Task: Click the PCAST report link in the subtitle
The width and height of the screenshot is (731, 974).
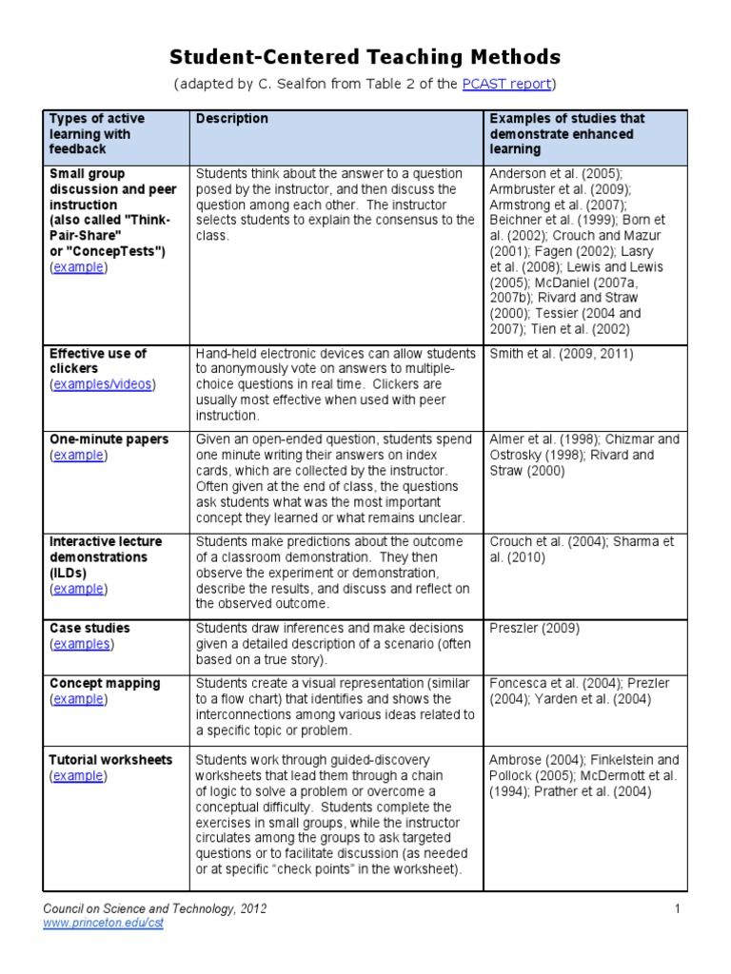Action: point(506,84)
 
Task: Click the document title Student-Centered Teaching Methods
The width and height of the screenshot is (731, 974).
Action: point(365,57)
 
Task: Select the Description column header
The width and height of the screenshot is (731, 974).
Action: point(231,119)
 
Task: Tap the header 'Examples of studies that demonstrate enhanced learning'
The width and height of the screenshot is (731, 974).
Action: point(566,134)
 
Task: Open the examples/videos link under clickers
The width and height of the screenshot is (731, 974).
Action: point(102,384)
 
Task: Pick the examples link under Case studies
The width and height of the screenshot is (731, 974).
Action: point(81,644)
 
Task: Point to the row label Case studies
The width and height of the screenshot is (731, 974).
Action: point(90,629)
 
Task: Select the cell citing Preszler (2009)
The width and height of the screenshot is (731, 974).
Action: point(533,629)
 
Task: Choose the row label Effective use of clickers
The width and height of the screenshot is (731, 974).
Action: point(98,360)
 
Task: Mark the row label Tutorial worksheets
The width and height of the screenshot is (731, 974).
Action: point(110,760)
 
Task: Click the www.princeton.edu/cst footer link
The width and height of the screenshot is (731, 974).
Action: point(104,924)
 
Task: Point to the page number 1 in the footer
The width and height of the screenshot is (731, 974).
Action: point(678,909)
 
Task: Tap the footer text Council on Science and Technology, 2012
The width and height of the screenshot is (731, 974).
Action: point(155,909)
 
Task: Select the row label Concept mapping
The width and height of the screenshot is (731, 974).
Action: point(105,684)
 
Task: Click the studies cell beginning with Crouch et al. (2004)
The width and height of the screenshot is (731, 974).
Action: point(581,550)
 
